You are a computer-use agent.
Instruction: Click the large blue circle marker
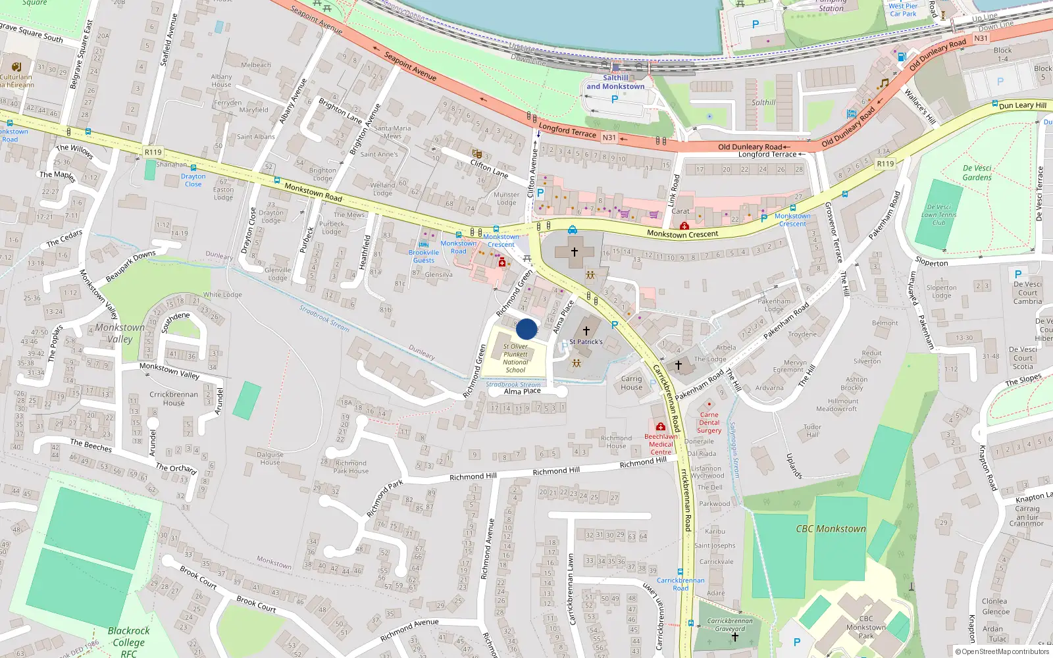[x=526, y=329]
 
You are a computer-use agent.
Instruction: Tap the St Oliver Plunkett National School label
[x=515, y=358]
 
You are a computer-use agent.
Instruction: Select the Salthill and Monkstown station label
[x=615, y=82]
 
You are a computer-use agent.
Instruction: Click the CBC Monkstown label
[x=831, y=529]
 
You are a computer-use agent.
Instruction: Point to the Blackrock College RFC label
[x=129, y=642]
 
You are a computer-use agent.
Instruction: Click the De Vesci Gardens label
[x=977, y=172]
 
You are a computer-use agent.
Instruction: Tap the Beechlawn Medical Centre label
[x=661, y=444]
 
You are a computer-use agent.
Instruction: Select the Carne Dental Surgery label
[x=709, y=422]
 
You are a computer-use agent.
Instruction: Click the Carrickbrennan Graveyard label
[x=730, y=624]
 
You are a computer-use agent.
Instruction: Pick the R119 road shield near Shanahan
[x=153, y=152]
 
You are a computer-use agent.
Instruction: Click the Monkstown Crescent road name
[x=682, y=234]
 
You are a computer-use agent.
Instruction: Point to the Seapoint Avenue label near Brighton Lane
[x=409, y=66]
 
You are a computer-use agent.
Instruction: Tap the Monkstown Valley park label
[x=120, y=333]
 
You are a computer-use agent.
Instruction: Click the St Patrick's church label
[x=586, y=342]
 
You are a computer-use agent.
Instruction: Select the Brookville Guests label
[x=423, y=256]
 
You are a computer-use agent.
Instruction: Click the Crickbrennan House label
[x=174, y=399]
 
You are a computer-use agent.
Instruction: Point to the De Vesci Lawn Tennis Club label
[x=938, y=215]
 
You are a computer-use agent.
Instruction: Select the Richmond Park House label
[x=351, y=467]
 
